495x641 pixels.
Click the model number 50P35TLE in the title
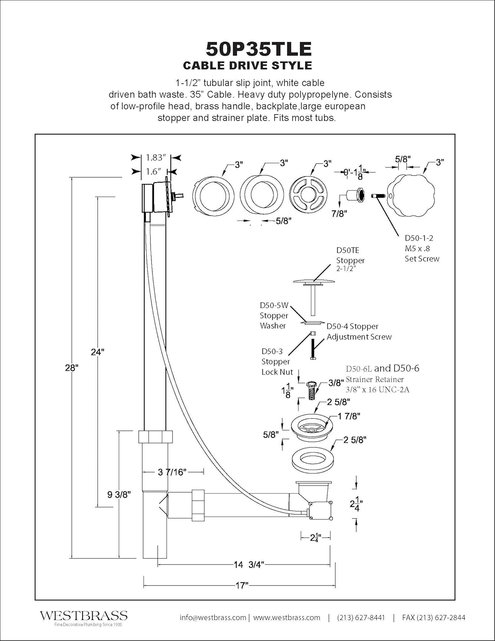pyautogui.click(x=258, y=49)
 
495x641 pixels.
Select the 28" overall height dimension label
pyautogui.click(x=72, y=368)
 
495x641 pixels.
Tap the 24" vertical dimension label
pyautogui.click(x=97, y=352)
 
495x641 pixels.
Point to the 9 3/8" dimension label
pyautogui.click(x=119, y=494)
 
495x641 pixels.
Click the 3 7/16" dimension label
pyautogui.click(x=172, y=472)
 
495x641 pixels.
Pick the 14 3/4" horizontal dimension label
pyautogui.click(x=249, y=565)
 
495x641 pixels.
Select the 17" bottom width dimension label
pyautogui.click(x=242, y=585)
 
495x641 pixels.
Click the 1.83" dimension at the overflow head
pyautogui.click(x=155, y=158)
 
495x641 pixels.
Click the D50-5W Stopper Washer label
pyautogui.click(x=274, y=315)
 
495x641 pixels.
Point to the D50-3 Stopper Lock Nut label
pyautogui.click(x=275, y=362)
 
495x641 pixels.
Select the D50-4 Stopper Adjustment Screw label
pyautogui.click(x=359, y=332)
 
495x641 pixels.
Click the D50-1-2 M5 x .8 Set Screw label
pyautogui.click(x=422, y=248)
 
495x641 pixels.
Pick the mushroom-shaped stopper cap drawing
pyautogui.click(x=314, y=282)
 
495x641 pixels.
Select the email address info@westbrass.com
pyautogui.click(x=213, y=617)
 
